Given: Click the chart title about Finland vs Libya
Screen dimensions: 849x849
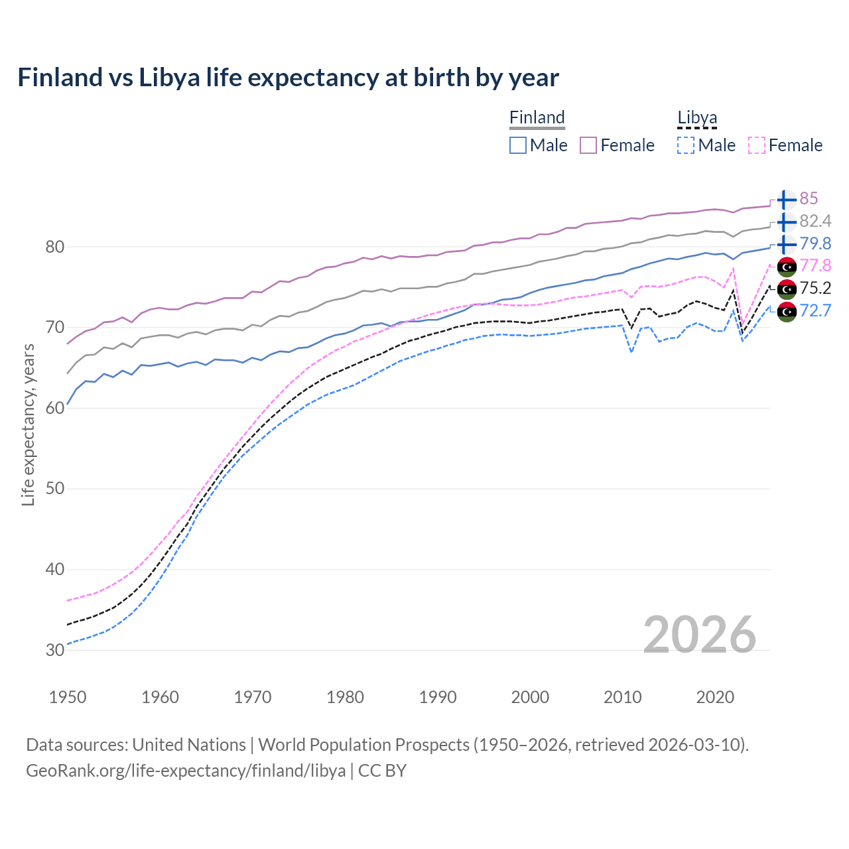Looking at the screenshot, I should [288, 78].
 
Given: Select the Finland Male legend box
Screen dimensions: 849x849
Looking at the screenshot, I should [518, 145].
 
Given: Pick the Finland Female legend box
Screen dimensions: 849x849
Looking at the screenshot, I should [588, 145].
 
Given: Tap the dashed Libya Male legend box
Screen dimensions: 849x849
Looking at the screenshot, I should [686, 145].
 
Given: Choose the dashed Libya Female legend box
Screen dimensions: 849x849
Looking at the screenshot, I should [757, 145].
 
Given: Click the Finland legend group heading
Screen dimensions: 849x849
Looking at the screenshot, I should [537, 117].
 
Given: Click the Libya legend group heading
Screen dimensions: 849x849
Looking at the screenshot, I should [697, 117].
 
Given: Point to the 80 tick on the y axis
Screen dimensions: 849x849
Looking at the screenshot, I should [55, 247].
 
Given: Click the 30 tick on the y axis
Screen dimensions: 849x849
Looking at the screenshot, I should [55, 650].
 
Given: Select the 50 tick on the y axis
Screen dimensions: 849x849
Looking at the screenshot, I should [55, 489].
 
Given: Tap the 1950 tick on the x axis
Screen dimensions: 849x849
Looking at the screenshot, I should [68, 697].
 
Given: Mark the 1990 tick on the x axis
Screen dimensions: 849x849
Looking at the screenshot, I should [438, 697].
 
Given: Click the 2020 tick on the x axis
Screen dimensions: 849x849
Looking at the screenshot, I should [715, 697].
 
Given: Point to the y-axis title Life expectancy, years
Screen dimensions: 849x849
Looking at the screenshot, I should [29, 425].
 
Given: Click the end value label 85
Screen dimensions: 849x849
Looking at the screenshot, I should [809, 199].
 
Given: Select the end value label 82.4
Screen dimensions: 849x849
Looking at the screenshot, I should [815, 221].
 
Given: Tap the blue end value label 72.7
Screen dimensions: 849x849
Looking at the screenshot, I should [815, 310].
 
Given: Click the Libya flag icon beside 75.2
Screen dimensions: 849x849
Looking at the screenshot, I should [787, 289].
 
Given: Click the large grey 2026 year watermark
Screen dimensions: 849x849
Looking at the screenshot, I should [700, 635].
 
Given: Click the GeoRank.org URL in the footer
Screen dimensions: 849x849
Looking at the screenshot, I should [186, 771].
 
